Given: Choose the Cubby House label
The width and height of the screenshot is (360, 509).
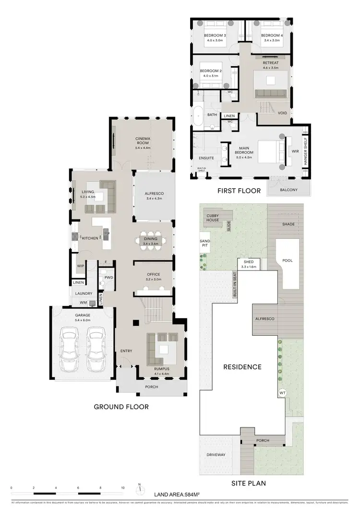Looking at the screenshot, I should (x=213, y=218).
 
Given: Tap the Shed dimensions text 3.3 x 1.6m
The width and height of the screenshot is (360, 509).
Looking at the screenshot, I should (x=249, y=266).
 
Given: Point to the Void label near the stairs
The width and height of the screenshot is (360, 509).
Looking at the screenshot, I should (x=283, y=113).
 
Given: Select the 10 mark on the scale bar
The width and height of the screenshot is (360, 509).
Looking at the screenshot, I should (x=123, y=487).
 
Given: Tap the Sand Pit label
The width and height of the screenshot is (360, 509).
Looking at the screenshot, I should (x=204, y=244).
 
